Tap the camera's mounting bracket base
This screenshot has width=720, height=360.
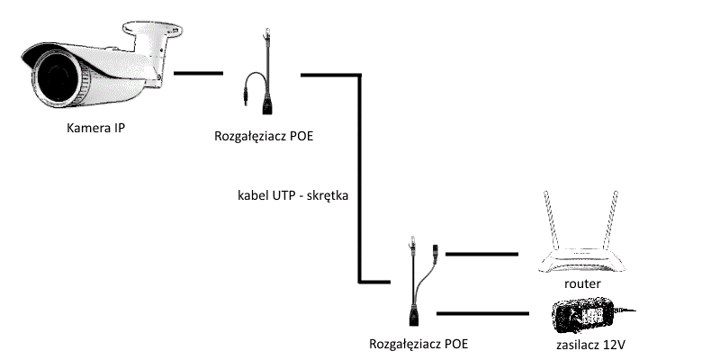152,29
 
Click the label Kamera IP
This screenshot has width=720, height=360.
95,128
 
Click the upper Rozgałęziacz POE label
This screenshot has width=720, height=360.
264,137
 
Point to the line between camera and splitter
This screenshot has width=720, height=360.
198,73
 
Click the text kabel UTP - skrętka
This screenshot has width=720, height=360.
293,195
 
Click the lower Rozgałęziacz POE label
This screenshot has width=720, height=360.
418,344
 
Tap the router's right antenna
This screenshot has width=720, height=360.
610,221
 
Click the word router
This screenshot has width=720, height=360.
582,283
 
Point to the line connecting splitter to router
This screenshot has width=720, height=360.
481,254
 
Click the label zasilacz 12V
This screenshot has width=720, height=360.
590,345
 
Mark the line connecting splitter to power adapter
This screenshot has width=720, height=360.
482,313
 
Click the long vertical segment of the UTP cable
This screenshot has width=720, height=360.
360,178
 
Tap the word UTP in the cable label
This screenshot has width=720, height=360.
283,194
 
